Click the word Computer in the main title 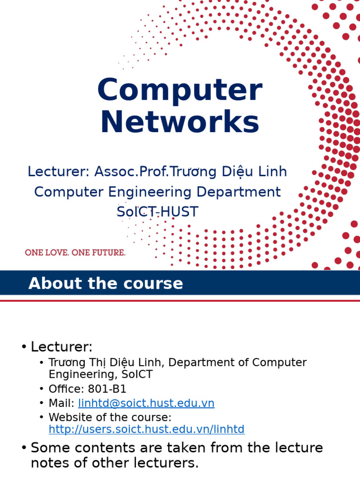pos(180,90)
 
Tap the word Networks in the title pos(180,122)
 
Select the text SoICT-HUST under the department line pos(157,212)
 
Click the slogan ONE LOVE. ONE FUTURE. pos(75,253)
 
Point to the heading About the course pos(105,284)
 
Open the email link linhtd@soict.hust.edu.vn pos(146,403)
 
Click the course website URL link pos(146,429)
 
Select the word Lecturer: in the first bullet pos(61,347)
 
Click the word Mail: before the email pos(61,403)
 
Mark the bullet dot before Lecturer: pos(23,347)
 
